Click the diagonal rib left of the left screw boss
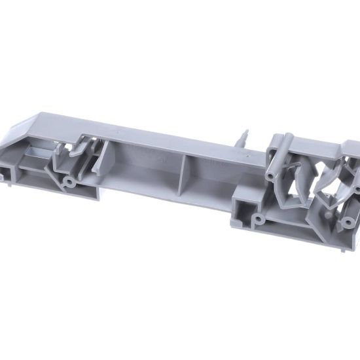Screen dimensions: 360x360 52,167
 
